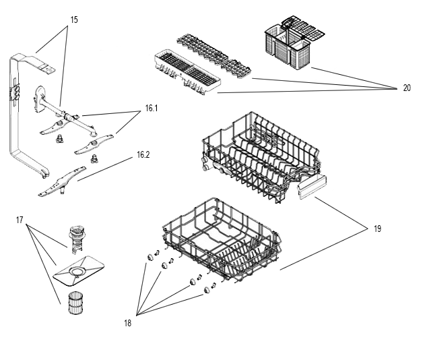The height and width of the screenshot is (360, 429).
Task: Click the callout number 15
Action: (x=73, y=20)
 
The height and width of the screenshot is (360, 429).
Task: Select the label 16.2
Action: (x=143, y=154)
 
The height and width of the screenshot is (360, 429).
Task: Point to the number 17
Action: (x=20, y=219)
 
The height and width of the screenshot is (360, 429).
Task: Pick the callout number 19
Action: (x=377, y=229)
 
